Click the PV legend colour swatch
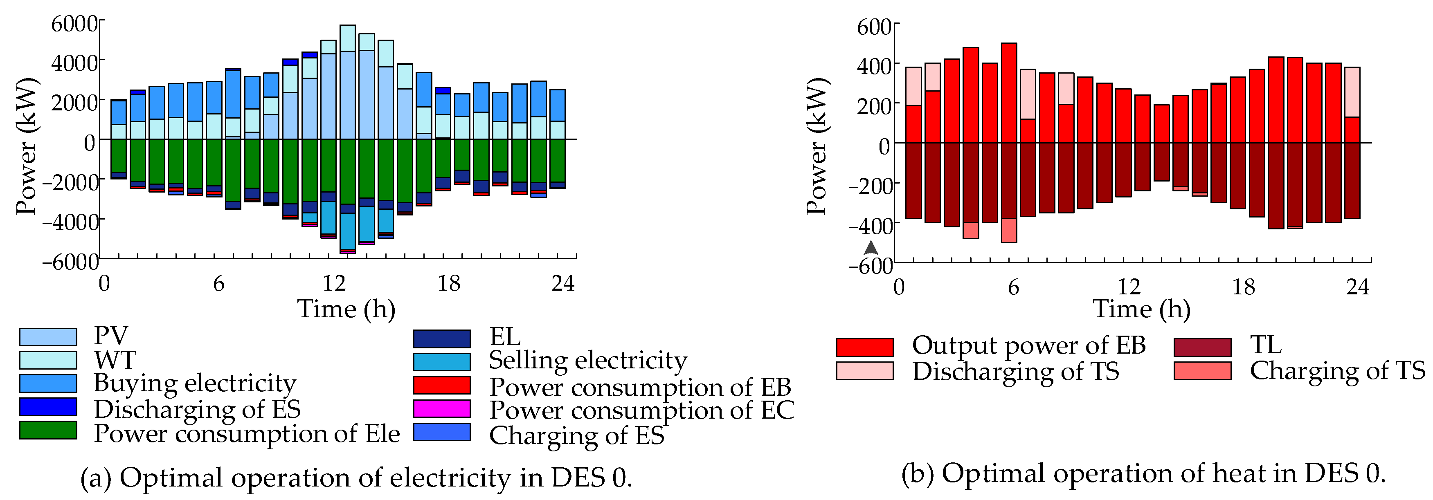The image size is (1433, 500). tap(48, 337)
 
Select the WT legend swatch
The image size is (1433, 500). tap(48, 360)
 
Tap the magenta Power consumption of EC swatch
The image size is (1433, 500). tap(442, 409)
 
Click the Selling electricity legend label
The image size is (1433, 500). tap(588, 361)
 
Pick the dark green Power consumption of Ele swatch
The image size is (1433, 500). tap(48, 430)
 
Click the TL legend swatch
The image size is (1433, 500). tap(1202, 347)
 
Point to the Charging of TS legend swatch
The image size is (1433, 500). tap(1202, 371)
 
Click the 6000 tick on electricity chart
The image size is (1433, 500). tap(74, 24)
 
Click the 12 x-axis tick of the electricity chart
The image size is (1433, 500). tap(334, 284)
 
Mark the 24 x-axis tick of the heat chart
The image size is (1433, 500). tap(1357, 287)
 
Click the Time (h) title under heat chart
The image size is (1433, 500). tap(1141, 309)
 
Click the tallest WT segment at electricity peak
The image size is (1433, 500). tap(348, 38)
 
